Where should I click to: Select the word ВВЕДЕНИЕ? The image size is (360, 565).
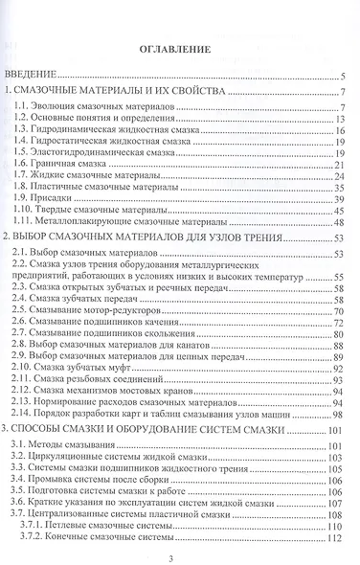point(35,75)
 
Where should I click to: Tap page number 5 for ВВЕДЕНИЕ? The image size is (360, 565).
point(343,76)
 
